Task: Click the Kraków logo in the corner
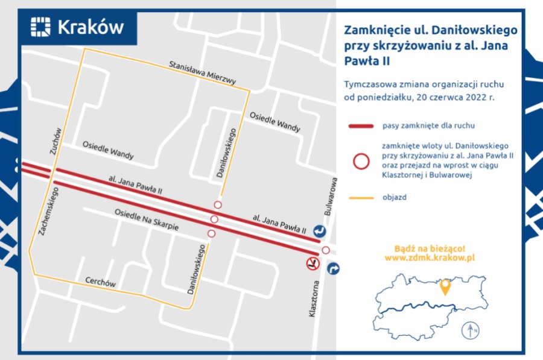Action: [77, 27]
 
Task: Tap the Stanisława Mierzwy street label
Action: [202, 72]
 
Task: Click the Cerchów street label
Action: [100, 283]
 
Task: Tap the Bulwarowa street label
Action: [329, 197]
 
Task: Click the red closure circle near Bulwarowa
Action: [326, 250]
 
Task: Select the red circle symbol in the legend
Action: [361, 161]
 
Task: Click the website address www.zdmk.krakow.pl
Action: [430, 257]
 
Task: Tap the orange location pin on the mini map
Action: [446, 287]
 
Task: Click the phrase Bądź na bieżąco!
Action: [430, 247]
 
